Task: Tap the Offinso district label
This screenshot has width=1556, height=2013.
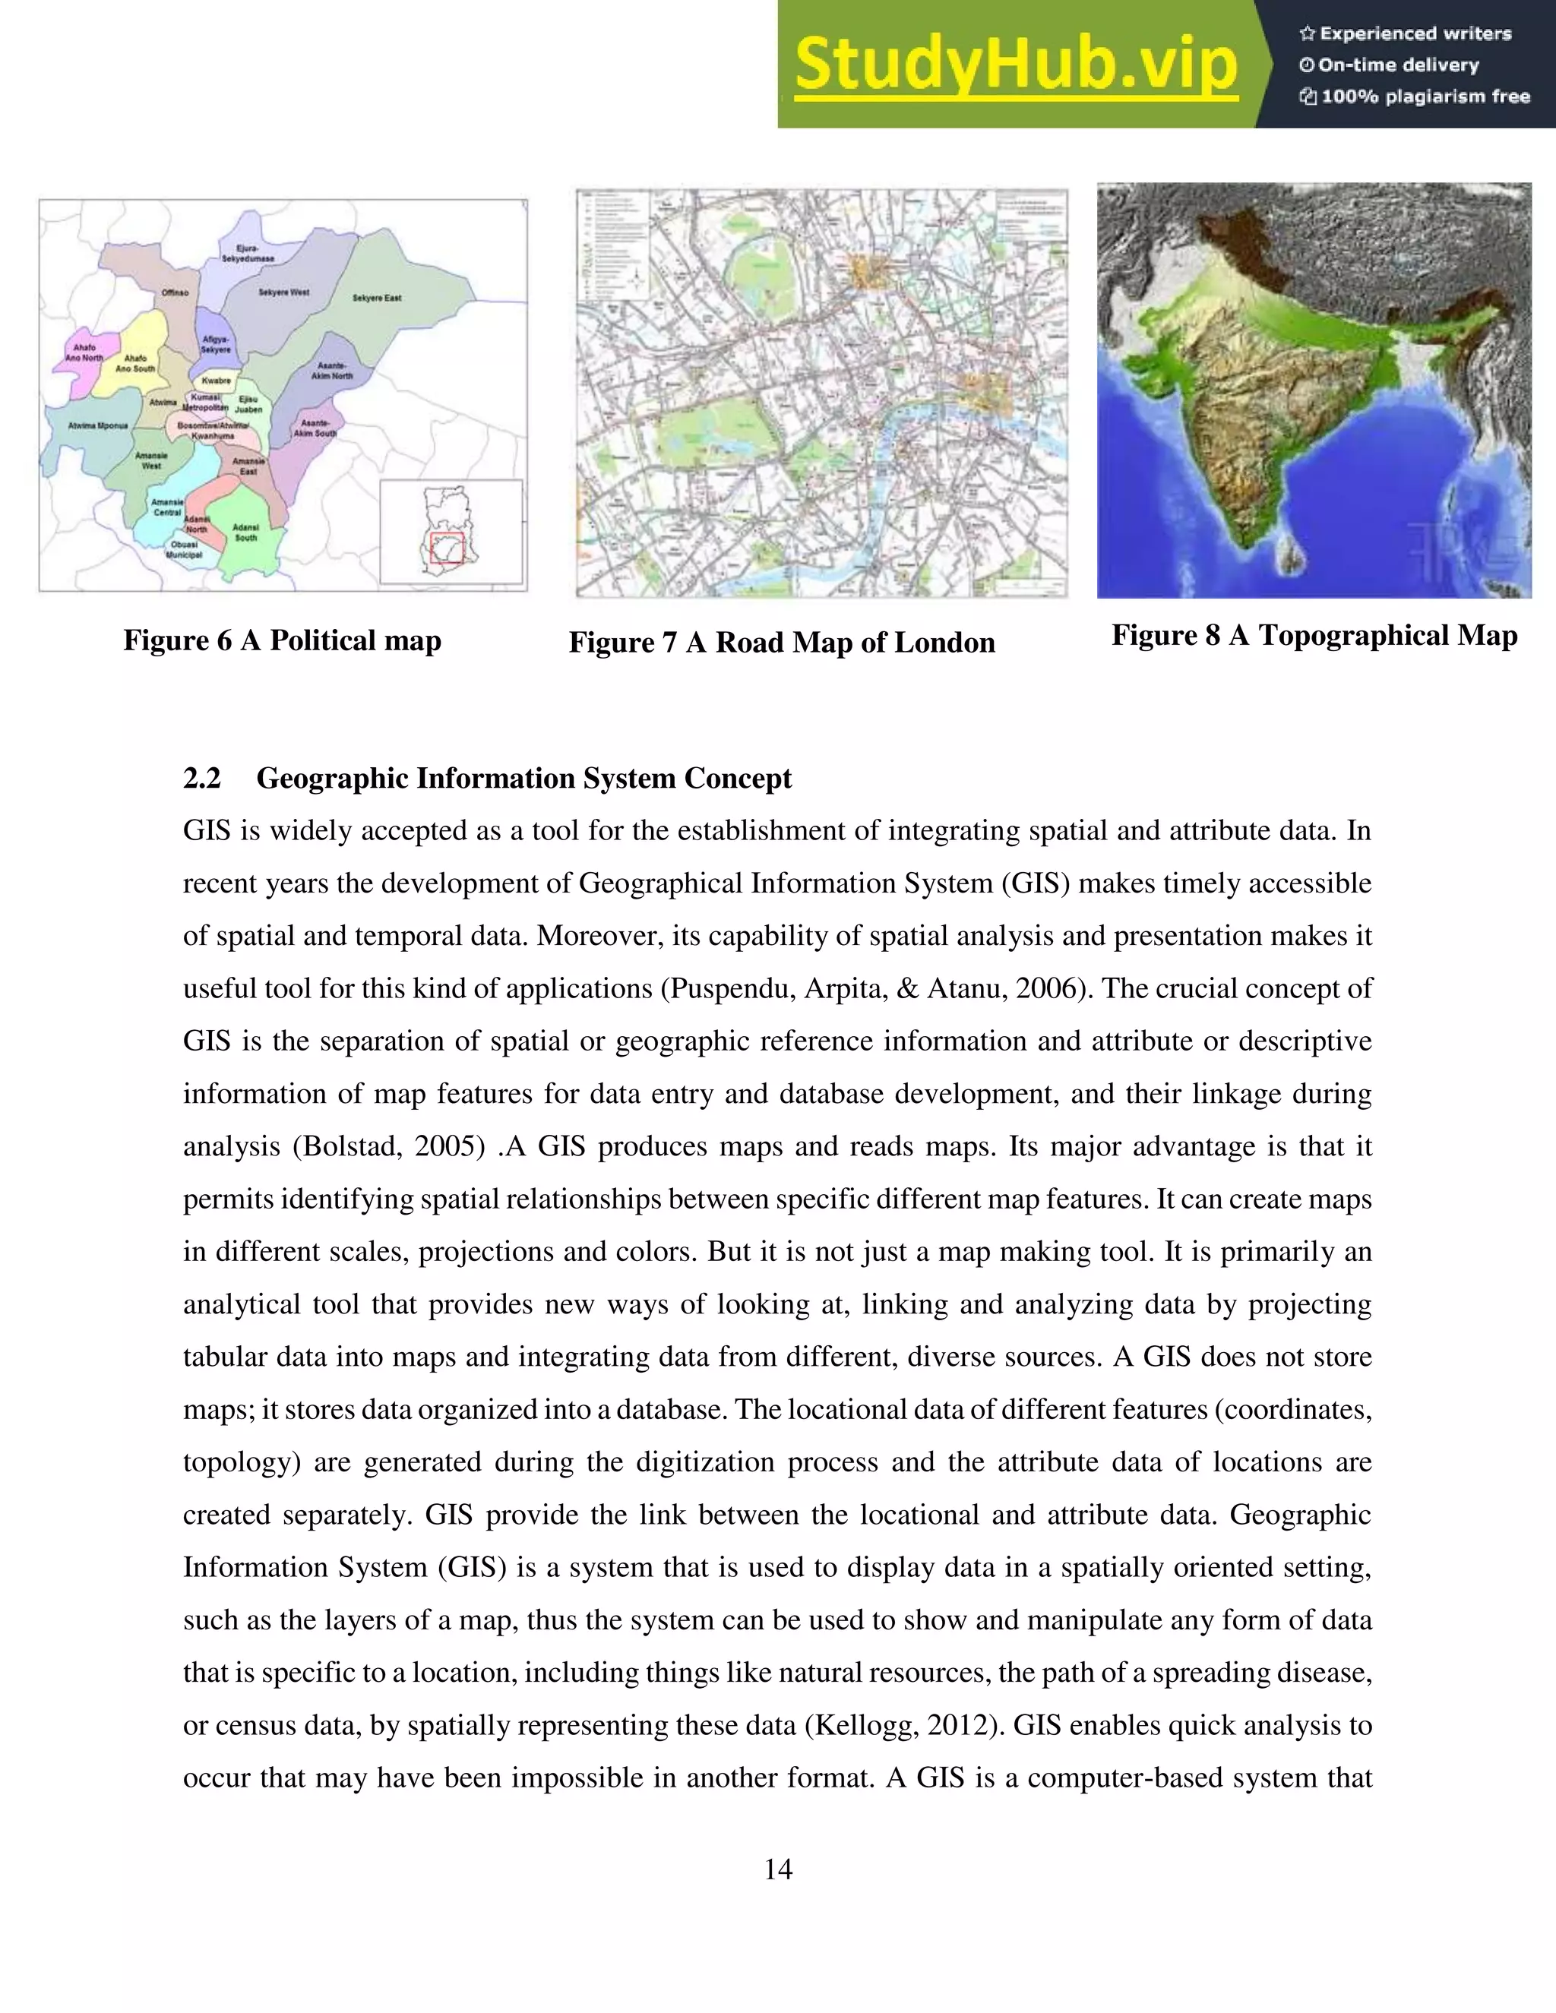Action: click(x=176, y=292)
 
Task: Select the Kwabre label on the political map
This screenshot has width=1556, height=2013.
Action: click(x=217, y=380)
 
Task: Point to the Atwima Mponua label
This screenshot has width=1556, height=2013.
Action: click(x=98, y=426)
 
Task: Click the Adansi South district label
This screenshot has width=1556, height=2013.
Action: click(x=245, y=532)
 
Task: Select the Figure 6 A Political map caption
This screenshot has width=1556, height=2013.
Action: click(x=282, y=640)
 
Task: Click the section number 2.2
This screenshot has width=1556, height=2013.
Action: click(x=202, y=779)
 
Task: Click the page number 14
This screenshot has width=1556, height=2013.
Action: click(x=778, y=1869)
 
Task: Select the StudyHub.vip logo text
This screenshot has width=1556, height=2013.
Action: click(x=1015, y=65)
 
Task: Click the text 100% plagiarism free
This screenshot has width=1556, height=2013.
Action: click(x=1425, y=96)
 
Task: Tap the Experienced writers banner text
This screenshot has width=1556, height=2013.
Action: click(x=1415, y=33)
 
